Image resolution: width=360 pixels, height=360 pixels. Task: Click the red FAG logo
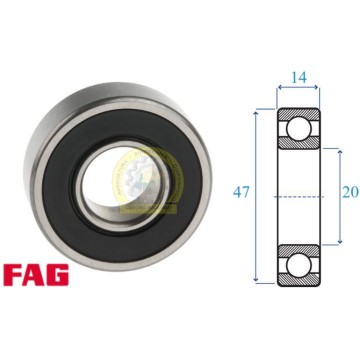[36, 275]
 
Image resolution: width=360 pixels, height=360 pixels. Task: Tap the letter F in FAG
[13, 275]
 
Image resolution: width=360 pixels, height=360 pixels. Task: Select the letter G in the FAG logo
[58, 275]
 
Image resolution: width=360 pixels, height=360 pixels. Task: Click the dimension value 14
[299, 77]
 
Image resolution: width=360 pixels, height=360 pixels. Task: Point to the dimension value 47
[241, 192]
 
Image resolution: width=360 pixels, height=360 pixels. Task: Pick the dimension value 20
[350, 192]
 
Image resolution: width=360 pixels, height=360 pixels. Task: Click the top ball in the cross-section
[299, 128]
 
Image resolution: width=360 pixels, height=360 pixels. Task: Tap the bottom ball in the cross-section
[299, 265]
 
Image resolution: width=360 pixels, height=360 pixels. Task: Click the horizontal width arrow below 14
[298, 88]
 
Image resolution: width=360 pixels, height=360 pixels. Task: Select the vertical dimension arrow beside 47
[256, 197]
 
